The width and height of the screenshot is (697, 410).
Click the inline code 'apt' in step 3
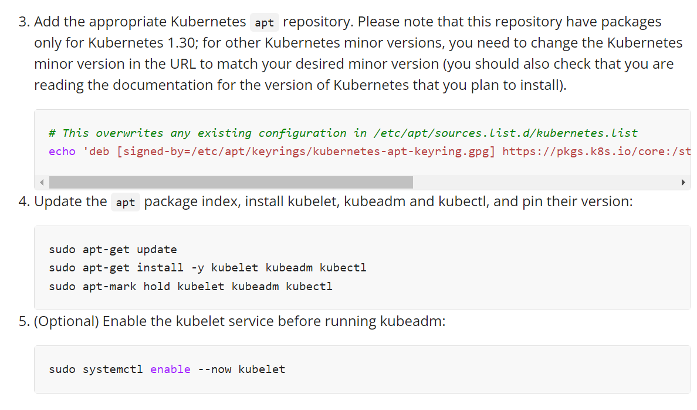[265, 23]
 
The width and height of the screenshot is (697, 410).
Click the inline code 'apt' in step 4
[126, 203]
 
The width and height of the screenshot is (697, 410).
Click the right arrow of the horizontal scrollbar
[683, 182]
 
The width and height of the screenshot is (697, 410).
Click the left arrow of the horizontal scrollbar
[42, 182]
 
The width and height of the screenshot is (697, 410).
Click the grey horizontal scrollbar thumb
[231, 182]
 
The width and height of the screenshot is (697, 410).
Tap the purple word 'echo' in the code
[62, 152]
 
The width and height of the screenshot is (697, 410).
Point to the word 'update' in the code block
[157, 249]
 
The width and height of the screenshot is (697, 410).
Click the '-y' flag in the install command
[197, 268]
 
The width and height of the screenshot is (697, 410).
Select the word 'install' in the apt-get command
[160, 268]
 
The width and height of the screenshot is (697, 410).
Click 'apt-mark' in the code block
[110, 287]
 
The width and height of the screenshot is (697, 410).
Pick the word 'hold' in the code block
[157, 287]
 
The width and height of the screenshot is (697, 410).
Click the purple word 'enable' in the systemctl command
[170, 369]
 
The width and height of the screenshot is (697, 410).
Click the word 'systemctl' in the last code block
[113, 369]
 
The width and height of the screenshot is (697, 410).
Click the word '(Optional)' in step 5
[66, 322]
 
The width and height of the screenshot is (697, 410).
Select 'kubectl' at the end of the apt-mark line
[309, 287]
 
